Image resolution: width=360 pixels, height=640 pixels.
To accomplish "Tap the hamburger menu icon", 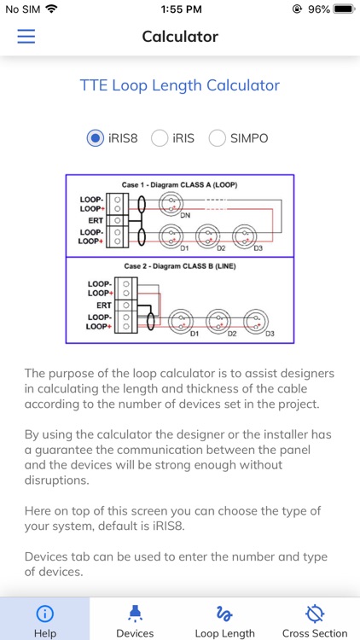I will click(26, 37).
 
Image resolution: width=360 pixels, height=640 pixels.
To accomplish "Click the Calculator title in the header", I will click(180, 37).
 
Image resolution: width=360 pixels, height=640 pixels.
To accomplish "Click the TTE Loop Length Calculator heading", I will click(180, 85).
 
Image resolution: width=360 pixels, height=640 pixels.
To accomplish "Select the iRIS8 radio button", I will click(96, 138).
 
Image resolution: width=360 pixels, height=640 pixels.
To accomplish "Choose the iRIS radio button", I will click(160, 138).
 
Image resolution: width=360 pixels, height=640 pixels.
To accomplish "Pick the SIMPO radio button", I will click(218, 138).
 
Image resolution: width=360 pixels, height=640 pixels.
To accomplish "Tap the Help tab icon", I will click(44, 613).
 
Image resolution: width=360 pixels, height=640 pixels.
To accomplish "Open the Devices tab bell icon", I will click(135, 613).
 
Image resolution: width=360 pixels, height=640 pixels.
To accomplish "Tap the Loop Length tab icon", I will click(225, 613).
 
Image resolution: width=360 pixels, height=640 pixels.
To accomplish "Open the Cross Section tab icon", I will click(315, 613).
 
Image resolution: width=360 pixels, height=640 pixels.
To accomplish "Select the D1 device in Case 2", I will click(182, 321).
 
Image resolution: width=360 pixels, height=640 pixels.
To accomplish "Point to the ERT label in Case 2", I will click(103, 305).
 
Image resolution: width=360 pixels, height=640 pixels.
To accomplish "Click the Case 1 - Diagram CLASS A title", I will click(180, 184).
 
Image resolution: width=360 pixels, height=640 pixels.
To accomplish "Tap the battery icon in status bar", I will click(344, 9).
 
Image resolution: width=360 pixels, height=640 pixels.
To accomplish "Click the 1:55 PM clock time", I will click(180, 9).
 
